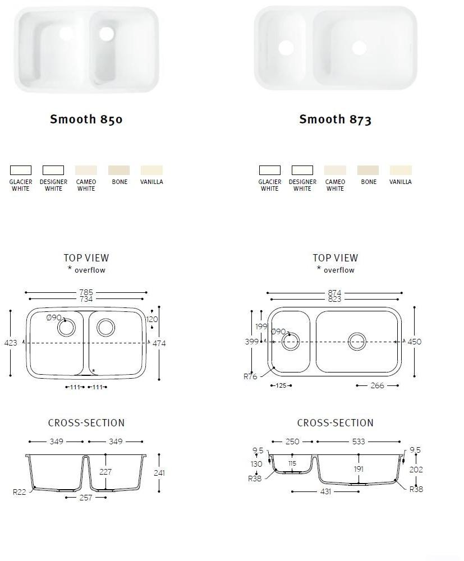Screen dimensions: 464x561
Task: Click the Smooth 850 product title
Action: tap(86, 119)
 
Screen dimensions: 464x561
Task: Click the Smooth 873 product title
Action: tap(335, 119)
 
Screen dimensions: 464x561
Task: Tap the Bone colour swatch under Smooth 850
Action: tap(119, 170)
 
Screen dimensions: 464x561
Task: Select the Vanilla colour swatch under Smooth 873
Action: tap(401, 170)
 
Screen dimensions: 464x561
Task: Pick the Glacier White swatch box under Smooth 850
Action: tap(21, 170)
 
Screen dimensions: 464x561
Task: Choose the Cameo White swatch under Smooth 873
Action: tap(335, 170)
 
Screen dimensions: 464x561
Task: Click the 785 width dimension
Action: tap(86, 292)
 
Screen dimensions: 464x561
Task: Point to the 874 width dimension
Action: tap(334, 293)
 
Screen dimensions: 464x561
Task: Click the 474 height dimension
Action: tap(159, 343)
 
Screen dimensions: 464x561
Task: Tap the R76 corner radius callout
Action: tap(250, 376)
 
